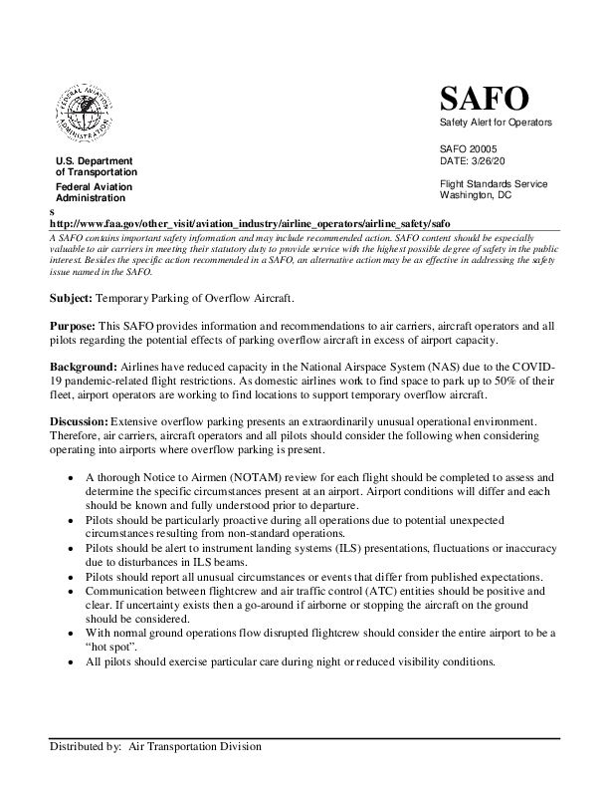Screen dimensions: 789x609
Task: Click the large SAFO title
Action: (x=484, y=99)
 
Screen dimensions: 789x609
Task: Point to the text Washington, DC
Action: (x=475, y=195)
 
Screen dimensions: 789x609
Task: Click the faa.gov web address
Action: (x=251, y=225)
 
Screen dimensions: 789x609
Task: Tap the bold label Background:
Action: (x=83, y=368)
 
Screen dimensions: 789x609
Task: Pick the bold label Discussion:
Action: (x=80, y=422)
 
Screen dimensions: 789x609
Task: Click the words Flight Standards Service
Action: (x=494, y=184)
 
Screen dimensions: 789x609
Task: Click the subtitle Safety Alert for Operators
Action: (x=495, y=122)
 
